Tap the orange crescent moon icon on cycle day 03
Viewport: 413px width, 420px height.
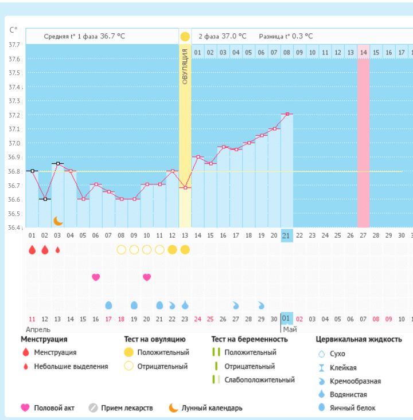coord(58,221)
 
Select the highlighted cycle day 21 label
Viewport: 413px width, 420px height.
coord(287,235)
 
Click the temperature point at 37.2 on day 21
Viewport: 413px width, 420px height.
coord(287,114)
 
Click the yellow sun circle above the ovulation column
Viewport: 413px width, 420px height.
coord(185,37)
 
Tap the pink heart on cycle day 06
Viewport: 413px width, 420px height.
coord(96,277)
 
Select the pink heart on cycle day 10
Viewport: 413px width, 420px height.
coord(147,277)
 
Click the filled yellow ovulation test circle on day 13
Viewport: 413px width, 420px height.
coord(185,250)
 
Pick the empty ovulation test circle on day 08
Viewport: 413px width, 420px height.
coord(121,250)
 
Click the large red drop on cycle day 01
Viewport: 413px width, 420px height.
coord(32,250)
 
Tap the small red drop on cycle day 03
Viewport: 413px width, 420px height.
coord(57,250)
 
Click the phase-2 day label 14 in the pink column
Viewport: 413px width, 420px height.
coord(363,53)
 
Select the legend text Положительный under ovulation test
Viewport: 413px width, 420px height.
coord(163,352)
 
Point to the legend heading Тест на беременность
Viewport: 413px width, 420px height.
coord(250,339)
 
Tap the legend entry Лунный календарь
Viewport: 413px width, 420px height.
coord(212,408)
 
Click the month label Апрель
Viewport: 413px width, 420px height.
coord(38,329)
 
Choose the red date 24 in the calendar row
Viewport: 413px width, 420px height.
coord(198,319)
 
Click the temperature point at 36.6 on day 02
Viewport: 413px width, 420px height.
coord(45,199)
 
